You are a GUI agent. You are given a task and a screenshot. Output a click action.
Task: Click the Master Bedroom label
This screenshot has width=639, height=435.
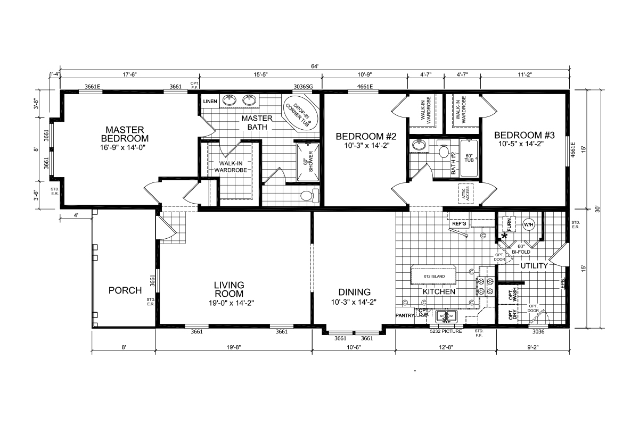click(125, 134)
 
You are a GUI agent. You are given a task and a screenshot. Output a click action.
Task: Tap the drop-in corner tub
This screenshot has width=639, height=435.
click(300, 113)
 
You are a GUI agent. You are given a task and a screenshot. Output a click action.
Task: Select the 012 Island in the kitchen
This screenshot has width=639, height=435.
click(433, 275)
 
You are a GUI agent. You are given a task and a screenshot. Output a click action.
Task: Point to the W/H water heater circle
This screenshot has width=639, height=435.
click(528, 225)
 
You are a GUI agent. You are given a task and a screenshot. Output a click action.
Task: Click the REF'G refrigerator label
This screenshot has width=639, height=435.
click(459, 224)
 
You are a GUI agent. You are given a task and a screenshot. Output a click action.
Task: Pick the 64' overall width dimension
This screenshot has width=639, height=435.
click(315, 66)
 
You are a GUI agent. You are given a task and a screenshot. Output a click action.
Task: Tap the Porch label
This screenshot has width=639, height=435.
click(125, 290)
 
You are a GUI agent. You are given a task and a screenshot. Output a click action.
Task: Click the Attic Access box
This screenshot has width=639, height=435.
click(466, 194)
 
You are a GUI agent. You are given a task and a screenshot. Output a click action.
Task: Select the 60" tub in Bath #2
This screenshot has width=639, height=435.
click(469, 158)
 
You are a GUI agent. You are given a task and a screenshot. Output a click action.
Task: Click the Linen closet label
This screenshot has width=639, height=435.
click(210, 102)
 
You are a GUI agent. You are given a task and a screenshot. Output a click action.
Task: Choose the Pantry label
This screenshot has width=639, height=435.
click(405, 315)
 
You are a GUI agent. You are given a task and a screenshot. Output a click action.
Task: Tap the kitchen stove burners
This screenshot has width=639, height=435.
click(486, 286)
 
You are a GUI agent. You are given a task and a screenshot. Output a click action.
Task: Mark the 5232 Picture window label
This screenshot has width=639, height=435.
click(446, 331)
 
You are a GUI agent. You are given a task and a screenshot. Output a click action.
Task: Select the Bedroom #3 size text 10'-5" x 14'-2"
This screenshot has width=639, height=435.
click(521, 144)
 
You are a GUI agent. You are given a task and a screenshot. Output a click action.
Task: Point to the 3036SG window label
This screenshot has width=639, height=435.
click(303, 86)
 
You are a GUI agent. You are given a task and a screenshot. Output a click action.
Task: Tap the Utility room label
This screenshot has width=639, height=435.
click(534, 266)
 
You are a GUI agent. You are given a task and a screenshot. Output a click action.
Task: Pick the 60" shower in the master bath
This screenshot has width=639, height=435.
click(308, 162)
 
